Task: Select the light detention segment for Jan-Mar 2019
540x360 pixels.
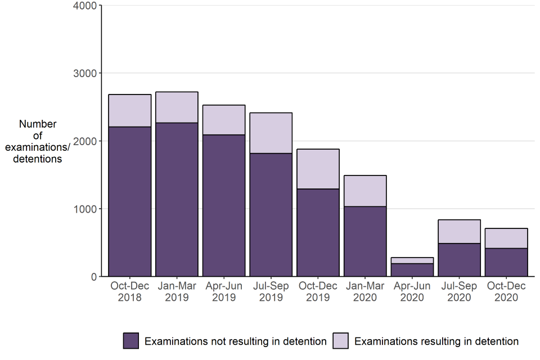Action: coord(177,107)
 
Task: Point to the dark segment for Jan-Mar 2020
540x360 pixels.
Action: coord(366,241)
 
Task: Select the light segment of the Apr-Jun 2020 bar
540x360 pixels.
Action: coord(412,260)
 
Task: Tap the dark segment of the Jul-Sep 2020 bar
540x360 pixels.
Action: coord(460,259)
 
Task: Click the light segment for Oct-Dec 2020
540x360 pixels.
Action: coord(507,238)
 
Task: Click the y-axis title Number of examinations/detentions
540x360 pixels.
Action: coord(38,141)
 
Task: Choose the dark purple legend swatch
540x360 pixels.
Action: coord(131,341)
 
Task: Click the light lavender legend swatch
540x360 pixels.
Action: coord(341,341)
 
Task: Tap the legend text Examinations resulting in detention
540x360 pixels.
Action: coord(436,341)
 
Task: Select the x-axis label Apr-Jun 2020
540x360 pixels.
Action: coord(412,291)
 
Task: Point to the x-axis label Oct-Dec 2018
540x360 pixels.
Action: coord(130,291)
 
